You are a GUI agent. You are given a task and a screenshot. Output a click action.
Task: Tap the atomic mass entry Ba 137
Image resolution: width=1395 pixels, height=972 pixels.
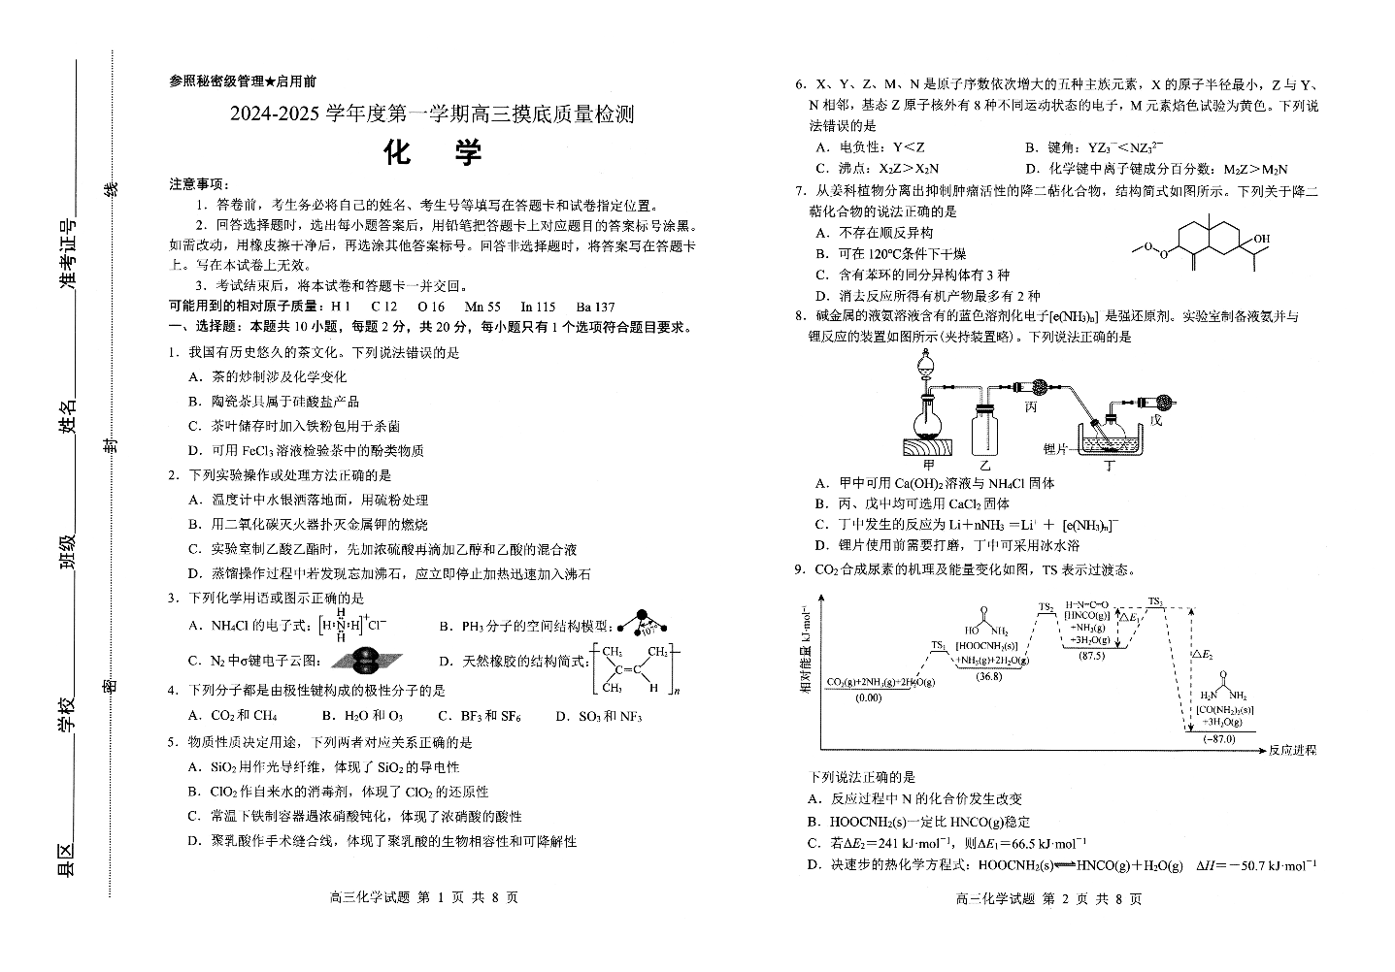click(594, 307)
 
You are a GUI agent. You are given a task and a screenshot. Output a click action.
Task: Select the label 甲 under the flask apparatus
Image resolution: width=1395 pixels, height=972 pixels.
click(928, 466)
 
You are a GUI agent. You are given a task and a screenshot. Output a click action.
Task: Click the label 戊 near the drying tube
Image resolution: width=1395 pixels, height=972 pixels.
click(1155, 421)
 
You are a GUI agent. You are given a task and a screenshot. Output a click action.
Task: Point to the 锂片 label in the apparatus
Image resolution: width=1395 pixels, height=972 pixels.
click(1055, 448)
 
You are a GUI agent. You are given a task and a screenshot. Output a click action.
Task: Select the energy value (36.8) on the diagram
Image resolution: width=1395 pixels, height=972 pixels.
click(989, 676)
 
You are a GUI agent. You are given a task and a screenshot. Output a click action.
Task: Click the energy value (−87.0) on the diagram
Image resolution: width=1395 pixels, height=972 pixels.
click(1219, 739)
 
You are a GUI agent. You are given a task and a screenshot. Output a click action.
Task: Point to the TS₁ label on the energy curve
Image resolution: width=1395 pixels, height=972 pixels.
click(938, 645)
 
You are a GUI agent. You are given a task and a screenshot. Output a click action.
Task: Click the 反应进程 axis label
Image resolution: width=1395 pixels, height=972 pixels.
click(1292, 750)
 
